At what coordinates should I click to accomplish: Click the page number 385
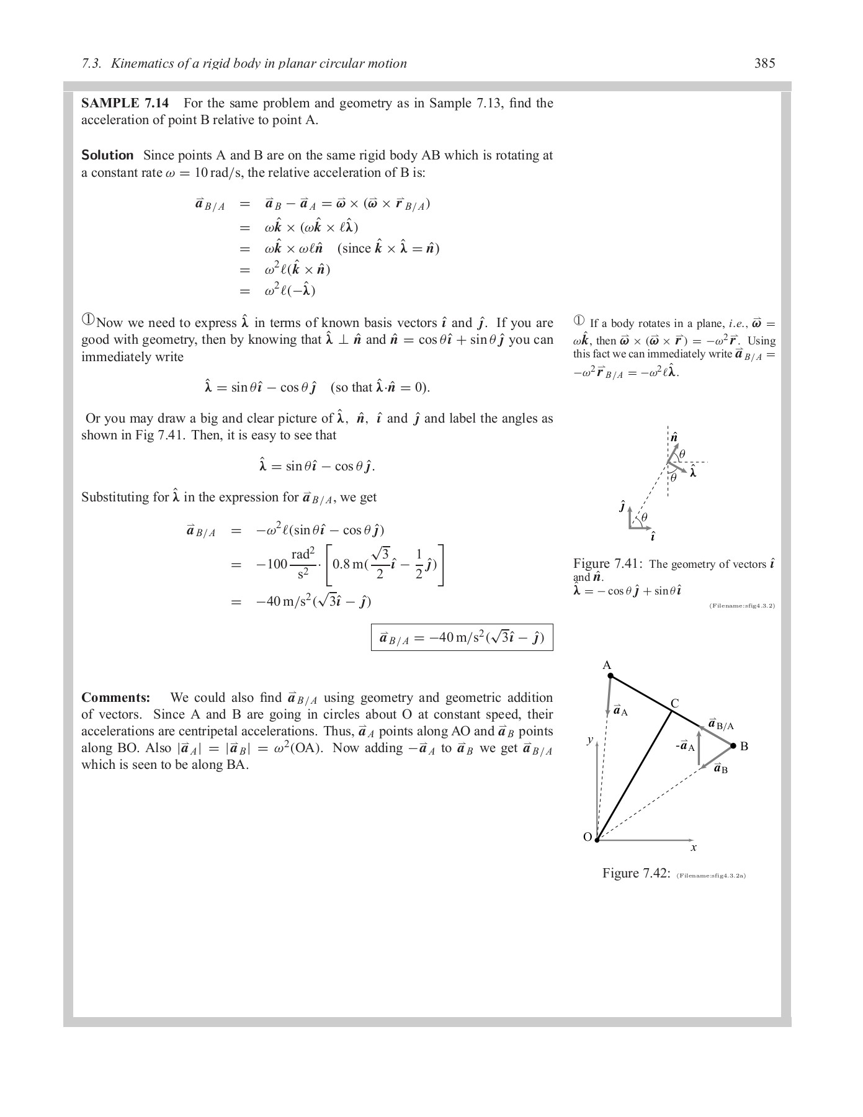point(764,63)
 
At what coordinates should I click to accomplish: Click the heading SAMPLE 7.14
point(125,103)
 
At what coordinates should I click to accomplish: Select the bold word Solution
point(107,155)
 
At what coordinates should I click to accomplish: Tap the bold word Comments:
point(115,698)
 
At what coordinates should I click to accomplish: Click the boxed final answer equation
point(462,637)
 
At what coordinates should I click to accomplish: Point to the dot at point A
point(610,676)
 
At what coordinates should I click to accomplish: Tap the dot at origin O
point(597,840)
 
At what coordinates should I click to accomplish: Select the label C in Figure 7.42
point(675,703)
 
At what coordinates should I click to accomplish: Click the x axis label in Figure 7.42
point(694,848)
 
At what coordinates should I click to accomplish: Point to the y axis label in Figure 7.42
point(590,739)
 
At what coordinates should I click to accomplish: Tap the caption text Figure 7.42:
point(636,874)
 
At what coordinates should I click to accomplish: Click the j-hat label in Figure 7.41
point(622,506)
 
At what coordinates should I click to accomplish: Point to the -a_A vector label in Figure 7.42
point(686,747)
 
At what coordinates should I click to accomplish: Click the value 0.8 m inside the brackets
point(349,564)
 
